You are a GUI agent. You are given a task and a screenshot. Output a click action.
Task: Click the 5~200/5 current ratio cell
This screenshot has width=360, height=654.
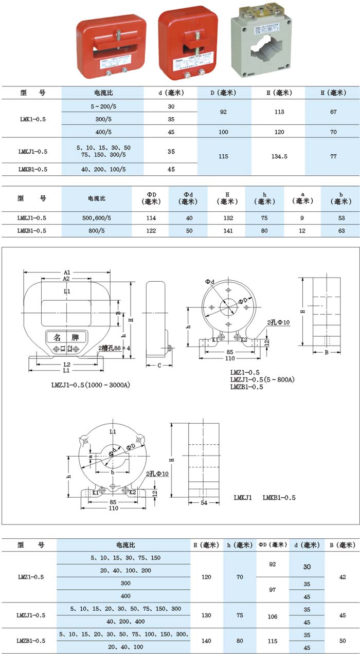tap(103, 106)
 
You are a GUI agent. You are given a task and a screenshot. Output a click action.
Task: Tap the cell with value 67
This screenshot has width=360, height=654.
tap(333, 112)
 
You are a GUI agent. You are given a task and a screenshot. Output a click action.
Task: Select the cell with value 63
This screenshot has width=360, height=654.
tap(340, 231)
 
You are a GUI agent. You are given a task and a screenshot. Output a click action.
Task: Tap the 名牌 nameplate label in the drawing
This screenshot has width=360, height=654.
tap(67, 337)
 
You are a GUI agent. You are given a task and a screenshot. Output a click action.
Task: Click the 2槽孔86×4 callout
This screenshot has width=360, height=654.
tap(115, 348)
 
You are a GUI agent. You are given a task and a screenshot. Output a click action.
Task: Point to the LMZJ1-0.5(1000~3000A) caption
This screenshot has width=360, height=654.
tap(90, 385)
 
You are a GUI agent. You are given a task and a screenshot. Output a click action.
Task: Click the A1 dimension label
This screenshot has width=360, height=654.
tap(67, 272)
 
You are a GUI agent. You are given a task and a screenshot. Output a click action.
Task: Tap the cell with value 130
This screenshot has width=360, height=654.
tap(206, 615)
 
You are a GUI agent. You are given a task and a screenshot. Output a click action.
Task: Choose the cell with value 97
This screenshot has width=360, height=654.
tap(273, 590)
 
